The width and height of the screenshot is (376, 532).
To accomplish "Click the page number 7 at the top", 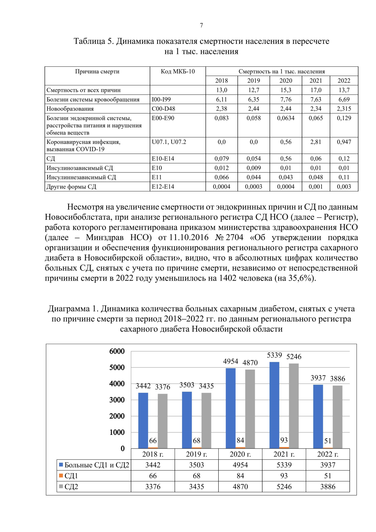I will click(x=201, y=25).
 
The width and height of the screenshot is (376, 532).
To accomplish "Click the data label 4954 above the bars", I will click(x=231, y=361).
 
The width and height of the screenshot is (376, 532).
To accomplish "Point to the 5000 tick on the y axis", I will click(x=117, y=367).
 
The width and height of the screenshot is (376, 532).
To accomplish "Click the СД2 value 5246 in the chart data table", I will click(x=284, y=487).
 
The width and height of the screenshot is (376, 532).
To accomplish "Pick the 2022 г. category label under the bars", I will click(x=328, y=454).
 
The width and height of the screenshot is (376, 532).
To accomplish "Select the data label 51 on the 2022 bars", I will click(x=328, y=441).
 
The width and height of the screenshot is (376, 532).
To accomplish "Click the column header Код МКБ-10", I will click(x=178, y=71).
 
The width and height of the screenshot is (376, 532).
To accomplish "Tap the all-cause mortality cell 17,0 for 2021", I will click(x=316, y=90).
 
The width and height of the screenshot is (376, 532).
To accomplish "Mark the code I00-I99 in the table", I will click(x=161, y=99).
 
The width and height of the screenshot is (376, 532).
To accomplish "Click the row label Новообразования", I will click(x=70, y=109).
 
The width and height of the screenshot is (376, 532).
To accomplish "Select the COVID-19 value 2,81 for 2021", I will click(x=316, y=142).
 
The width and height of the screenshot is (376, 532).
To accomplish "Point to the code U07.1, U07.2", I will click(x=169, y=142).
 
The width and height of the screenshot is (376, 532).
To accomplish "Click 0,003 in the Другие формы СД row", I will click(x=344, y=187).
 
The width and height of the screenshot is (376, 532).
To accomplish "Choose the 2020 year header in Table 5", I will click(x=285, y=81).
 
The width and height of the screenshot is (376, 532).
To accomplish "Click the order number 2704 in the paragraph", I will click(x=234, y=238).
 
